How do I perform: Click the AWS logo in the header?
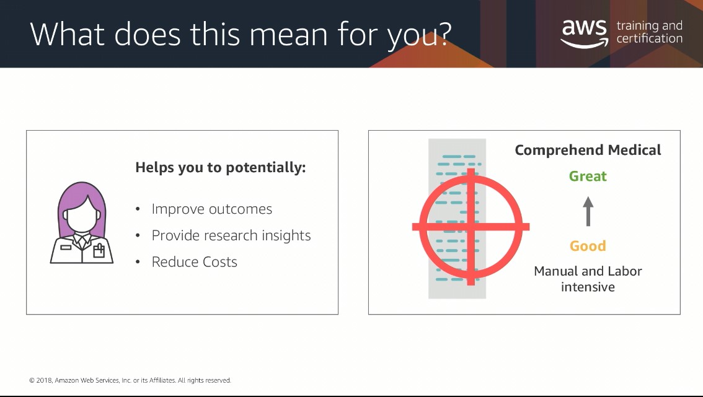(585, 33)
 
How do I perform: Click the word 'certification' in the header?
(649, 39)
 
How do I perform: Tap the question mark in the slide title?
(441, 35)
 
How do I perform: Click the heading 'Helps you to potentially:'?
(221, 168)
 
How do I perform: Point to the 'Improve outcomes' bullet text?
(211, 209)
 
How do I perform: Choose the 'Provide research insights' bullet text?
(231, 236)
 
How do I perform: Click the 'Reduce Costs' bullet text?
(194, 262)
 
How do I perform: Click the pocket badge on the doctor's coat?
(98, 250)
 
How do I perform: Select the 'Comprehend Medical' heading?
(588, 151)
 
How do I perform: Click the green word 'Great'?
(588, 177)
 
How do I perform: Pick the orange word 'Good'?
(588, 246)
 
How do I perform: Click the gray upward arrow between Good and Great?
(588, 211)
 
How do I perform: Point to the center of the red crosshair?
(471, 227)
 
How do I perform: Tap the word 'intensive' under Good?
(588, 287)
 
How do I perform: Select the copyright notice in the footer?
(130, 380)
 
